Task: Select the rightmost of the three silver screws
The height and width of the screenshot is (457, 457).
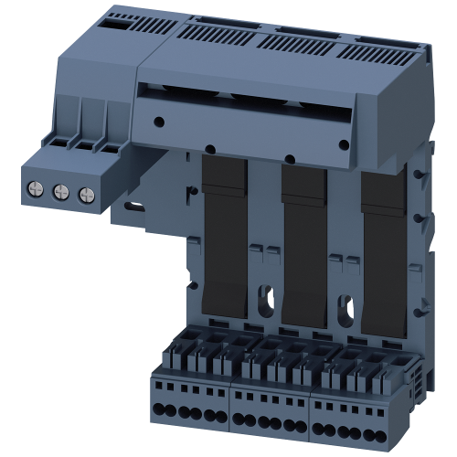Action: [x=86, y=193]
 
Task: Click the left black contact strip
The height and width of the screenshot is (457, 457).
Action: [x=220, y=247]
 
